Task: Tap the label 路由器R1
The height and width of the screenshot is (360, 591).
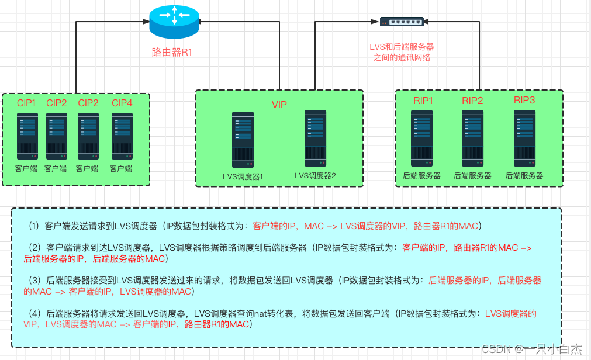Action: (172, 52)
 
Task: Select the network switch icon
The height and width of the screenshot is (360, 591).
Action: (401, 22)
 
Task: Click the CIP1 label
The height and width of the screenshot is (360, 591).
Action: (26, 103)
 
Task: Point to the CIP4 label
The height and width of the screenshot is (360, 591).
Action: (122, 103)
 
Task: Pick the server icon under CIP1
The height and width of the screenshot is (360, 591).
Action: (27, 136)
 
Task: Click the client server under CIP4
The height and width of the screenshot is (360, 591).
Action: (122, 136)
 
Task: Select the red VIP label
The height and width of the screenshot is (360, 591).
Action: (279, 105)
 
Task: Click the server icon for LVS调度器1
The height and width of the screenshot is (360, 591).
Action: (243, 139)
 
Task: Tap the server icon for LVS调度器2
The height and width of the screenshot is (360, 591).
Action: (315, 137)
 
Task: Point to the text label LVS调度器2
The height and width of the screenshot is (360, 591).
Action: (315, 175)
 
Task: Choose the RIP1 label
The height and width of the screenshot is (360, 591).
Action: (423, 101)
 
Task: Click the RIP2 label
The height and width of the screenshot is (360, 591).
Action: (472, 101)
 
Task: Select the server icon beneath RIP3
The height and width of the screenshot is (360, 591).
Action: (524, 138)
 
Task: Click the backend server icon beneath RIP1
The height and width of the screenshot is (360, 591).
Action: (422, 138)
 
